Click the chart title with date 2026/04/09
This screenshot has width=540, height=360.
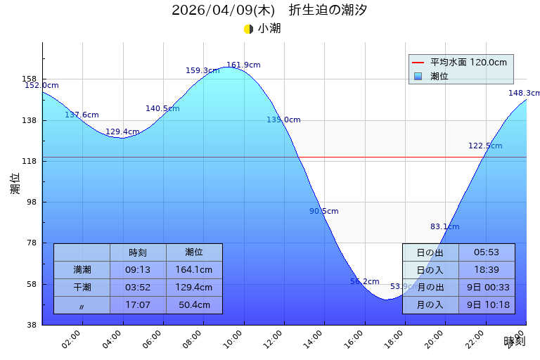coord(269,11)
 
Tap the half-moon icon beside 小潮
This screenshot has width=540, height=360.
coord(248,29)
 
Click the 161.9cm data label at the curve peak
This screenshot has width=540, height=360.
coord(243,65)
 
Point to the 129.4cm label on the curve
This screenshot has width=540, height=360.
coord(122,132)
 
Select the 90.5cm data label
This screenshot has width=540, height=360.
coord(324,212)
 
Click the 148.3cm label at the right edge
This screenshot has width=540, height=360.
coord(524,94)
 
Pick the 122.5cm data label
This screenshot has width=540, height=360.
coord(485,146)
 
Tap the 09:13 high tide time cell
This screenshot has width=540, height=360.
coord(138,269)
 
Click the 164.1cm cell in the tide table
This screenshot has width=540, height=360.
coord(194,269)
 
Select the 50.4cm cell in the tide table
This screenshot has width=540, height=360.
coord(194,305)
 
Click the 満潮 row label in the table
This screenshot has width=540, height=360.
coord(82,269)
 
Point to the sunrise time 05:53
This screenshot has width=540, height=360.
coord(487,252)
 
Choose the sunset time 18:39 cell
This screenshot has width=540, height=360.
coord(487,270)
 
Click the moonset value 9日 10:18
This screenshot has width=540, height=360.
coord(487,305)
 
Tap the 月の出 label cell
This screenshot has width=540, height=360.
coord(430,288)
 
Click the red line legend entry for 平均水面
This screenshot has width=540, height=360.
coord(418,63)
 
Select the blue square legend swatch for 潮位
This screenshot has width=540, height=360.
coord(418,76)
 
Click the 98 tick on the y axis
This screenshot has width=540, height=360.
coord(30,202)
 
